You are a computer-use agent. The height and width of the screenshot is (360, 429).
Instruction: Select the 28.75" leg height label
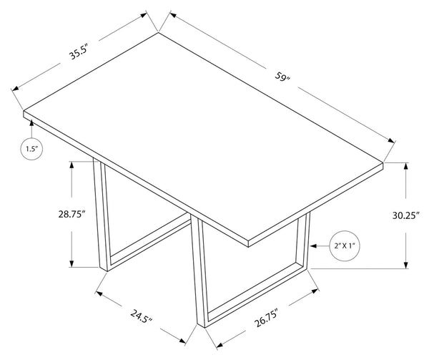click(71, 214)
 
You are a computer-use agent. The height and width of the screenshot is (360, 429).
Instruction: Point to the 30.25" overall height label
click(405, 215)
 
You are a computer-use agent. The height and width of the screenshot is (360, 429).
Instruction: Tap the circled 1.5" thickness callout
click(31, 149)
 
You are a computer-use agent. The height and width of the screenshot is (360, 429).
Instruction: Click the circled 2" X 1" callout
click(345, 245)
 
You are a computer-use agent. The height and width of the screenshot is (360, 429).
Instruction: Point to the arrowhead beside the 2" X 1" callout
click(314, 245)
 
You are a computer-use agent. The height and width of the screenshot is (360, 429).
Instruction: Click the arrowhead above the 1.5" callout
click(31, 124)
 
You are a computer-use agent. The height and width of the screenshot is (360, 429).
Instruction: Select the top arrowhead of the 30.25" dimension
click(405, 166)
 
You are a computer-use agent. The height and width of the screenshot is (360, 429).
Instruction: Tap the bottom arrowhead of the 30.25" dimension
click(405, 265)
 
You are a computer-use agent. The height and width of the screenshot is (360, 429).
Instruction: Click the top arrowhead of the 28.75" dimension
click(71, 165)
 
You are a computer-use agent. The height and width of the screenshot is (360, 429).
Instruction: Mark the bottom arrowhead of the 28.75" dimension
click(71, 263)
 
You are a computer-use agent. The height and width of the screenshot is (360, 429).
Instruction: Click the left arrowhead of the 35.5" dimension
click(15, 88)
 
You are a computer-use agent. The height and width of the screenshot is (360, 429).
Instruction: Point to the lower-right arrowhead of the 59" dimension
click(391, 140)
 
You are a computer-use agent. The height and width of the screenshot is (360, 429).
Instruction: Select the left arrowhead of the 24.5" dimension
click(99, 293)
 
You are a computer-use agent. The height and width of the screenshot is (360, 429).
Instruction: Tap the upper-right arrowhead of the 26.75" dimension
click(315, 291)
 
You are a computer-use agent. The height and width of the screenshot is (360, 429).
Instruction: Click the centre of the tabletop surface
click(203, 136)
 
